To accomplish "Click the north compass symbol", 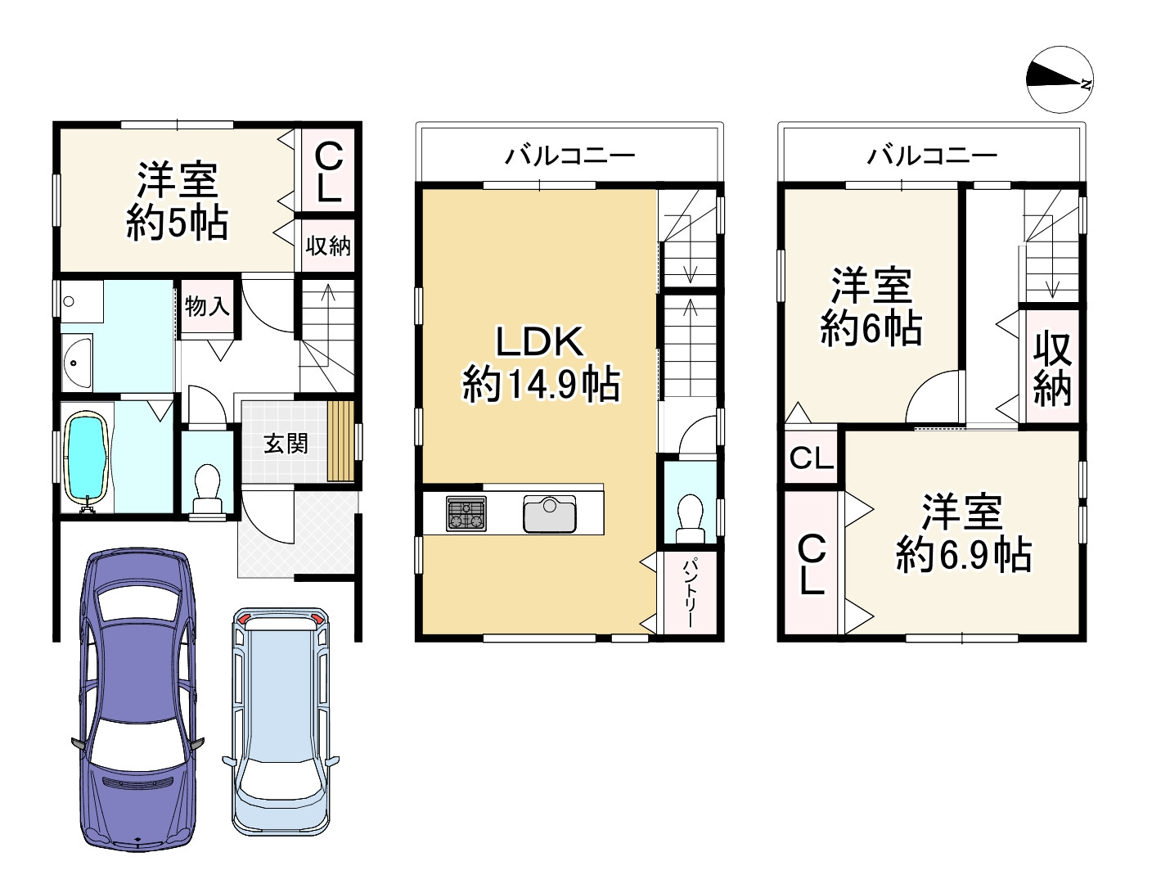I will pos(1060,79).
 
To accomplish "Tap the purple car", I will pos(138,700).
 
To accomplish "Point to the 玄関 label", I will pos(286,444).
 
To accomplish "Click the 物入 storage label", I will pos(207,306).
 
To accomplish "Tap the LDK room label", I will pos(540,341).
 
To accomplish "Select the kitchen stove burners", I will pos(466,513).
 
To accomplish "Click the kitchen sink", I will pos(549,513).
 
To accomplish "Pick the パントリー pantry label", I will pos(690,593).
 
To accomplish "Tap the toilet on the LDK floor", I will pos(691,519).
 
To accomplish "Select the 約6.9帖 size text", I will pos(963,555).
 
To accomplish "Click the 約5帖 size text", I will pos(177,222).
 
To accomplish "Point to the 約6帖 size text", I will pos(871,328).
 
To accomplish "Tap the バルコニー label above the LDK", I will pos(569,155).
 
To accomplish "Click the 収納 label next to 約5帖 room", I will pos(328,246).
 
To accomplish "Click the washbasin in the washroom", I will pos(78,363).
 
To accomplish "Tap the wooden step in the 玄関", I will pos(340,441).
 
